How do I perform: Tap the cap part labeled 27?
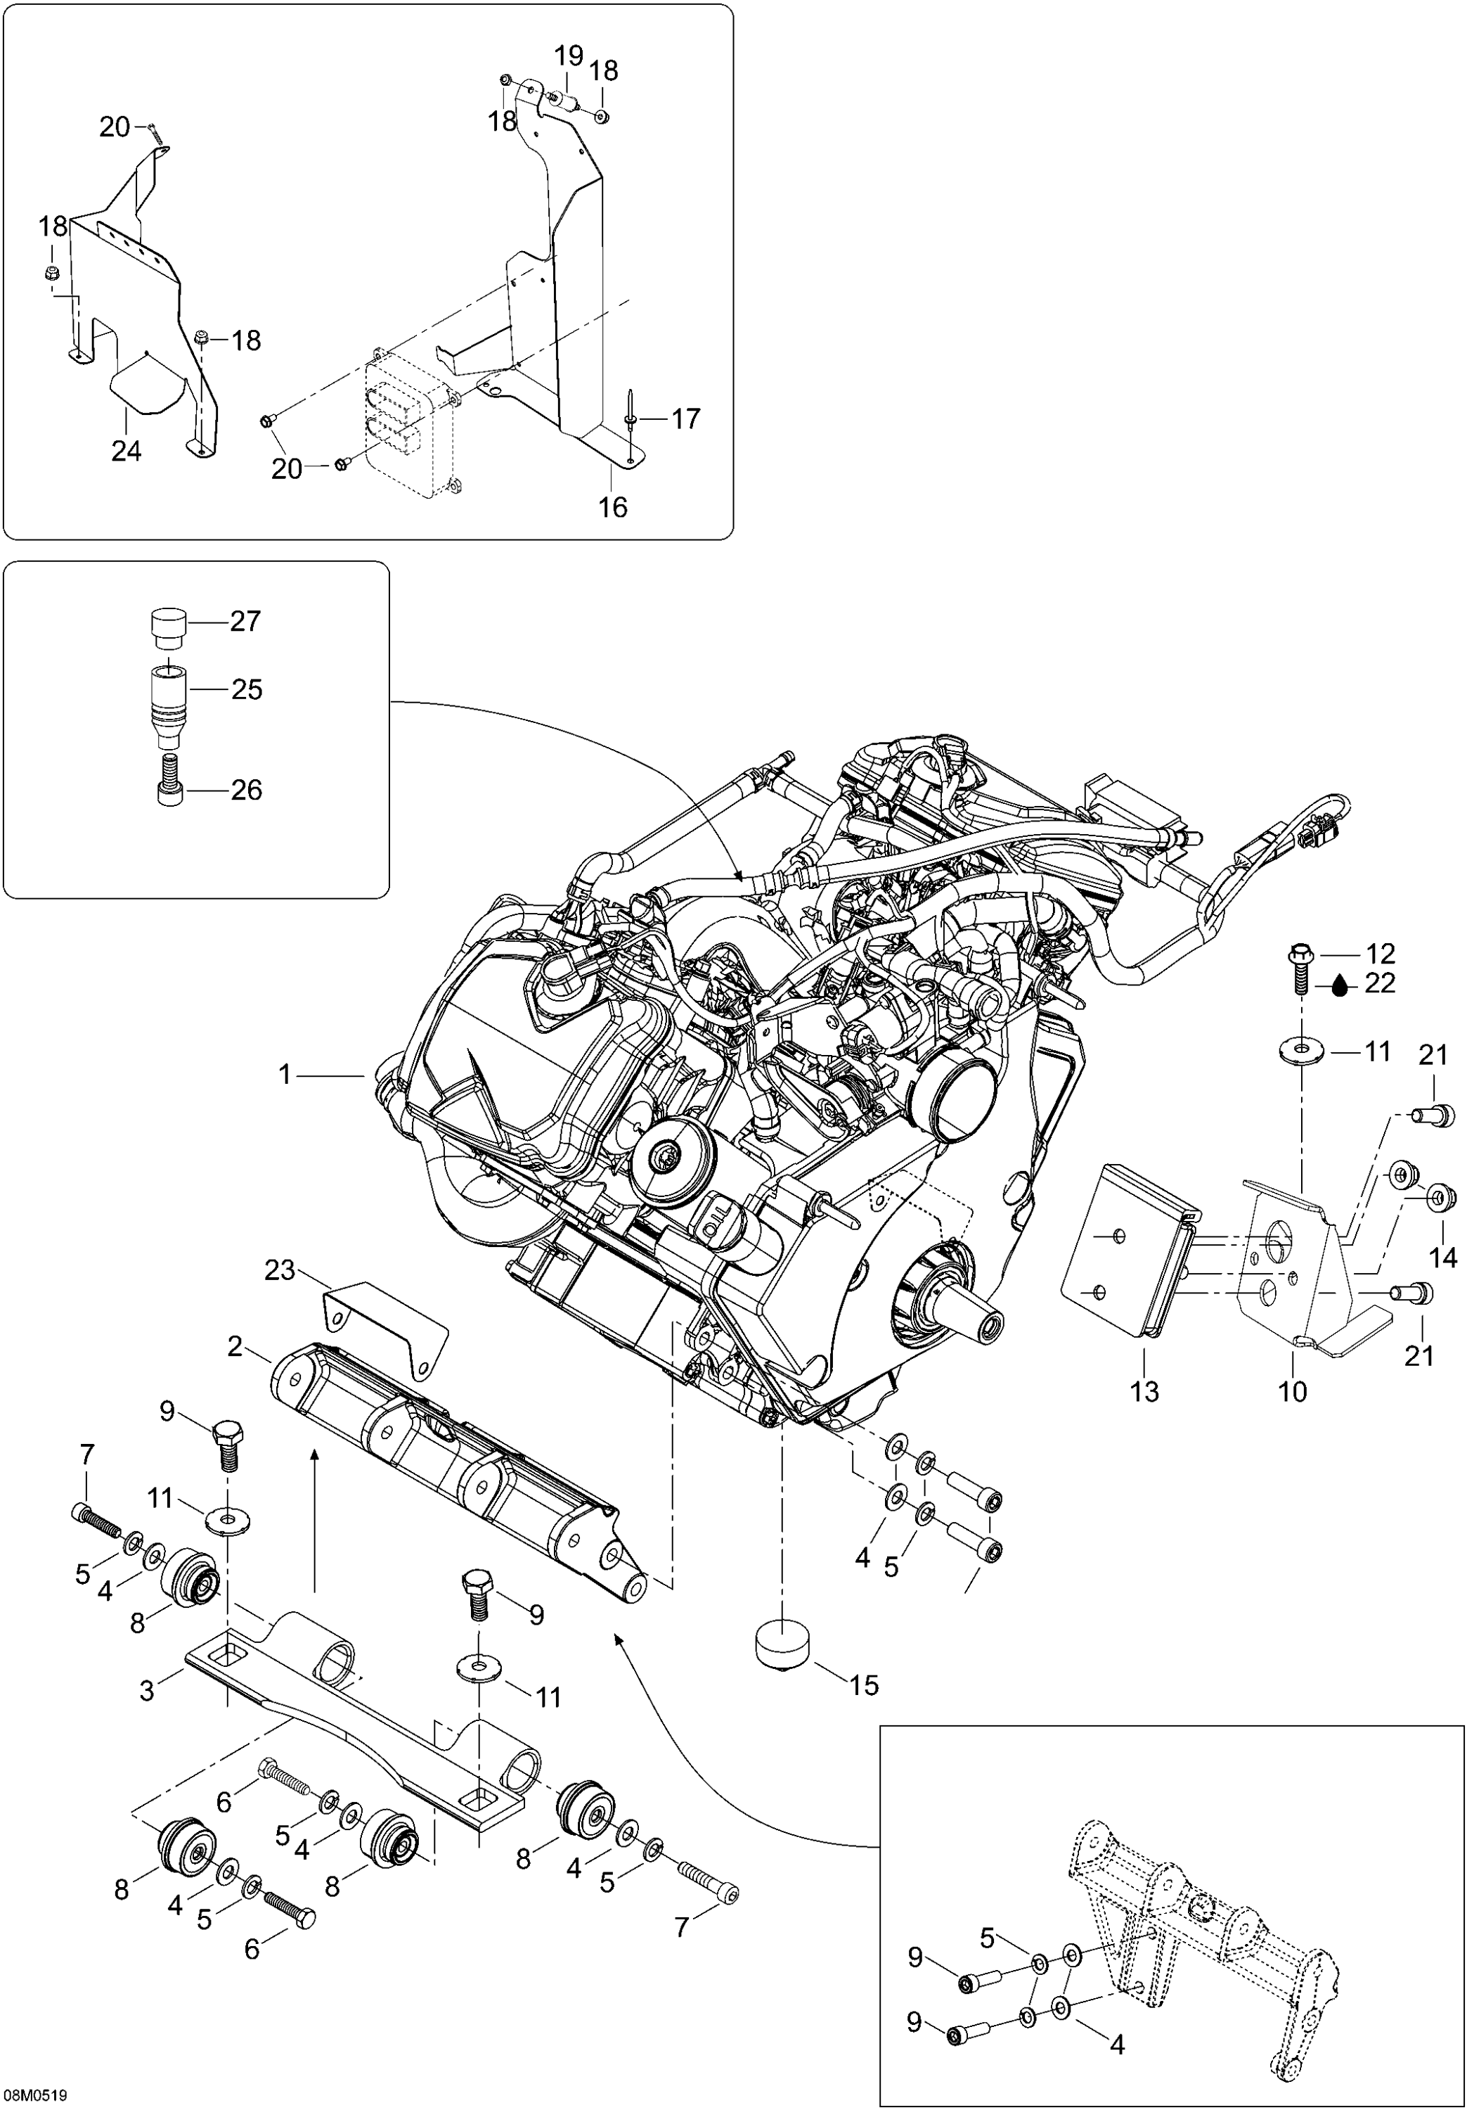click(168, 626)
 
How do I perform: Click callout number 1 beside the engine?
click(285, 1073)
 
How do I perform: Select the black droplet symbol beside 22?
click(1342, 985)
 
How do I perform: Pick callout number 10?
click(1293, 1391)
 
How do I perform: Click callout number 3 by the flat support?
click(147, 1691)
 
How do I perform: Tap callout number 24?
click(127, 452)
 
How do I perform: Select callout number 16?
click(613, 506)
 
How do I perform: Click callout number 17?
click(685, 419)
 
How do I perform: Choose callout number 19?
click(569, 56)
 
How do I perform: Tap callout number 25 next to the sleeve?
click(246, 689)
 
